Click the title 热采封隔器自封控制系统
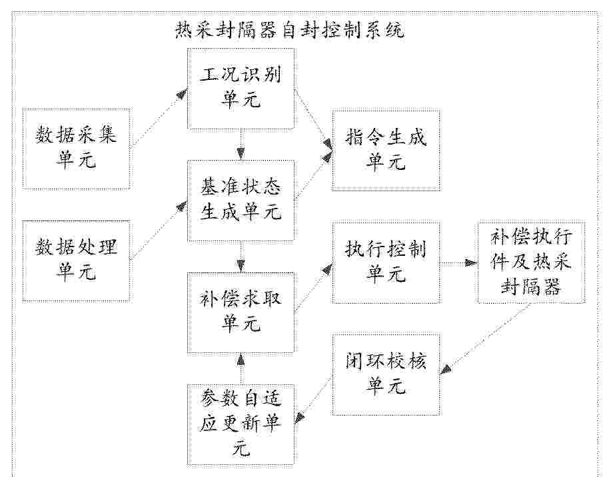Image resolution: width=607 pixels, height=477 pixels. tap(290, 30)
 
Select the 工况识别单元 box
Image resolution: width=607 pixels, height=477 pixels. tap(241, 89)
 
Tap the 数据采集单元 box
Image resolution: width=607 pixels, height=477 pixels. tap(76, 149)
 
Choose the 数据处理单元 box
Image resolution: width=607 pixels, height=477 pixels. tap(76, 261)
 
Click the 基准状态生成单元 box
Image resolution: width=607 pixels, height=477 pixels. tap(241, 201)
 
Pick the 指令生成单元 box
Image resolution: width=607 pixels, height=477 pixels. tap(386, 150)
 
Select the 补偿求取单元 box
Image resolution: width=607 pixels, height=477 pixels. tap(241, 313)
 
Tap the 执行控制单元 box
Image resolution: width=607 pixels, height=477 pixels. tap(386, 262)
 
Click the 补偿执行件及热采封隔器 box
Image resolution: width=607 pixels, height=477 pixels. tap(531, 262)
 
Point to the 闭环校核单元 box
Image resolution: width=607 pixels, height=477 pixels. tap(386, 374)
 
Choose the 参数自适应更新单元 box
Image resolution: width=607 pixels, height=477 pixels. tap(241, 424)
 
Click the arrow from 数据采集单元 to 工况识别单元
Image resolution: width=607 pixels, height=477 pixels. tap(159, 118)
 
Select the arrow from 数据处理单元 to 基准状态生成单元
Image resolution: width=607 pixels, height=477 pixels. tap(159, 231)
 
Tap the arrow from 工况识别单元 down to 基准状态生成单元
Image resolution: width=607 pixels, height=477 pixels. tap(241, 145)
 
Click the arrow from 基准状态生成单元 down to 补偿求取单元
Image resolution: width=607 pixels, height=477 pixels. tap(241, 257)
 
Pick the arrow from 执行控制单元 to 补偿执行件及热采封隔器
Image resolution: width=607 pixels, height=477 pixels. tap(459, 263)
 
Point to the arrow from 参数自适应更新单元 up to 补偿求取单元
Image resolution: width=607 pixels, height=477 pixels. tap(241, 368)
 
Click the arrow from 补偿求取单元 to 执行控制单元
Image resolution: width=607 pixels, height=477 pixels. tap(313, 287)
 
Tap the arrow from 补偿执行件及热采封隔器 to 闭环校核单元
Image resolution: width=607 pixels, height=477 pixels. tap(486, 338)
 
